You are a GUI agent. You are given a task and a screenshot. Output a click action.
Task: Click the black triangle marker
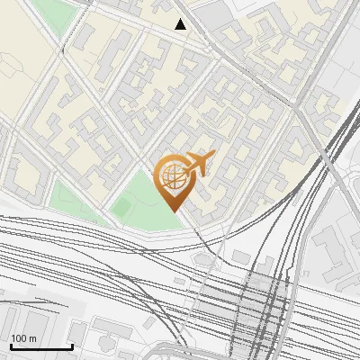tap(181, 24)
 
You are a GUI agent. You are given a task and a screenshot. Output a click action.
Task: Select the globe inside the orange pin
tap(171, 179)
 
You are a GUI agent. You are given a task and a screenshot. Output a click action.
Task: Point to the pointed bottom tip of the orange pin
tap(172, 211)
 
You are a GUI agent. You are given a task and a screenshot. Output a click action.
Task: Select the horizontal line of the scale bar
tap(41, 347)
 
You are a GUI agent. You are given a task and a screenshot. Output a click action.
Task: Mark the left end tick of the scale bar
tap(10, 346)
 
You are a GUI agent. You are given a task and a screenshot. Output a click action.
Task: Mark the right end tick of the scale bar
tap(72, 346)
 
